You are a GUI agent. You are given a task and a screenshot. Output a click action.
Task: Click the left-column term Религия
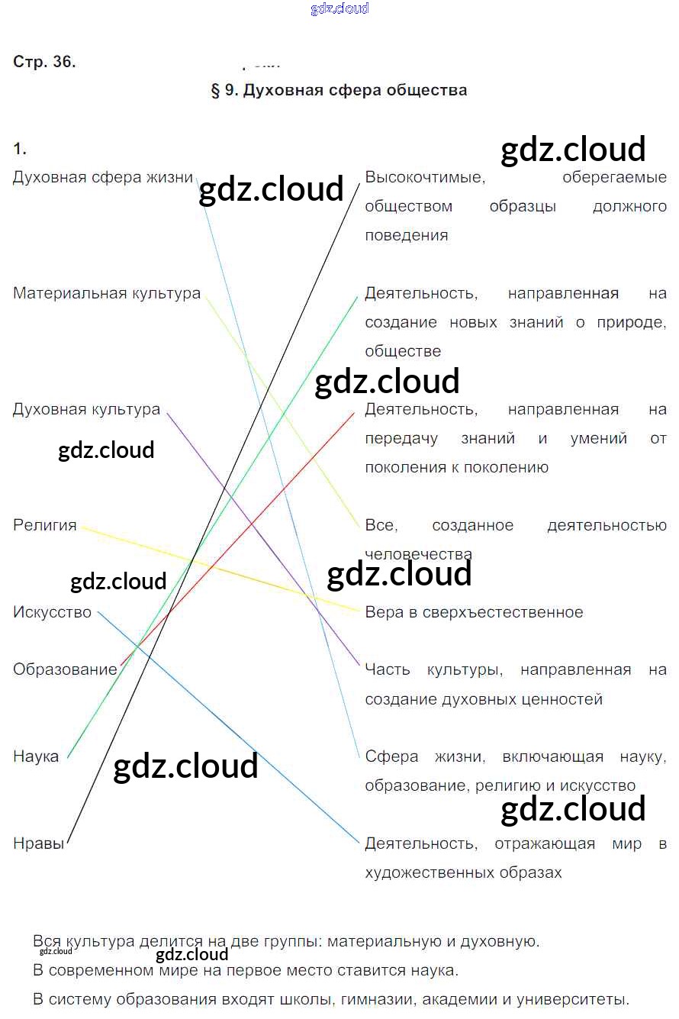(45, 525)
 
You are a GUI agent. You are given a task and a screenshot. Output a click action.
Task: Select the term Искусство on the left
(52, 612)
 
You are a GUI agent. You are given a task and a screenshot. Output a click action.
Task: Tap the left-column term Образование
(65, 669)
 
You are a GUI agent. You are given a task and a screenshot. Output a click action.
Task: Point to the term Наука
(36, 756)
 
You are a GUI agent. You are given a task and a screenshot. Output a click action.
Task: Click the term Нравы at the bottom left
(38, 843)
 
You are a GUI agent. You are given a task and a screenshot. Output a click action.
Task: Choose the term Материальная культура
(107, 293)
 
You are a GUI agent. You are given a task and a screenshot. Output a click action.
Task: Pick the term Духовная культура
(86, 409)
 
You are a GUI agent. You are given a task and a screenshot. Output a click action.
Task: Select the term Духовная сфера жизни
(103, 177)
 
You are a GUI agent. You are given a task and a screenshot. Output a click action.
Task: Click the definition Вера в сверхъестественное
(474, 612)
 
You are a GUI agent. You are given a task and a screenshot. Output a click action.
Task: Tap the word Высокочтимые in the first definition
(424, 177)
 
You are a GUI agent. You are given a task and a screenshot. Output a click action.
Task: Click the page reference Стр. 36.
(44, 62)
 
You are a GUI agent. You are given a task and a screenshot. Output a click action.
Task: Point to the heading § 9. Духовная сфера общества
(339, 90)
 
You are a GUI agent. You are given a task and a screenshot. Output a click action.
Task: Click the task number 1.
(20, 148)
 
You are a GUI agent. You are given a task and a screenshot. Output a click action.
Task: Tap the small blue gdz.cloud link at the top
(339, 8)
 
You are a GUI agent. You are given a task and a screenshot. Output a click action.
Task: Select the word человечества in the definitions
(418, 554)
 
